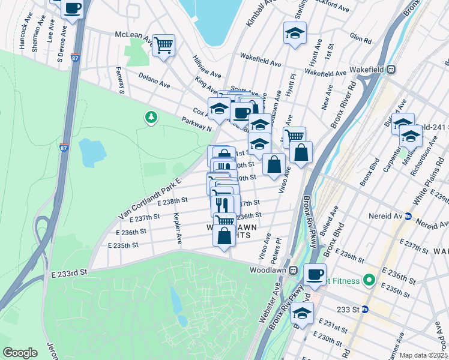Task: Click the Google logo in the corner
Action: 20,353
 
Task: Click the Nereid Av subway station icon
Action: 408,217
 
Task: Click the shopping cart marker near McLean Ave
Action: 163,44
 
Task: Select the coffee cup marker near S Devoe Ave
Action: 72,8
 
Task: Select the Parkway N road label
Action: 197,124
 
